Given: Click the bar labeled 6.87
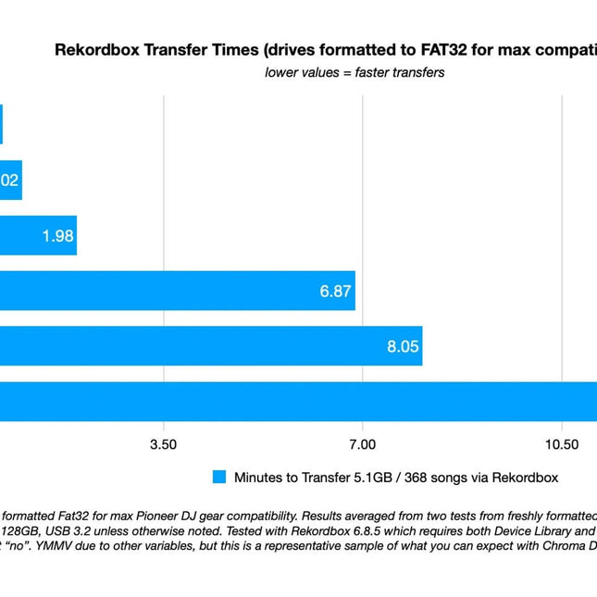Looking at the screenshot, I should coord(176,291).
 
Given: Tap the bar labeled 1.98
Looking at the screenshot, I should coord(37,235).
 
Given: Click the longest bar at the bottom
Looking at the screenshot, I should coord(296,402).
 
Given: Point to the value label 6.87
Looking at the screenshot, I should coord(335,292).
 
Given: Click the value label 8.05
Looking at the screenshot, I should coord(404,347).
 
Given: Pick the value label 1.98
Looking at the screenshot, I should coord(57,236).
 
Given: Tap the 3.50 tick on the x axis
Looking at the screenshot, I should coord(164,444).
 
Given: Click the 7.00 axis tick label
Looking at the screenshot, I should coord(362,444).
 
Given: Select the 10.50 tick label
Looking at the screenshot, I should coord(561,444).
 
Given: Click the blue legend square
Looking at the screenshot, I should coord(218,478).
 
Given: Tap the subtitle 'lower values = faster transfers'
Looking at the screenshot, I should coord(354,72).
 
